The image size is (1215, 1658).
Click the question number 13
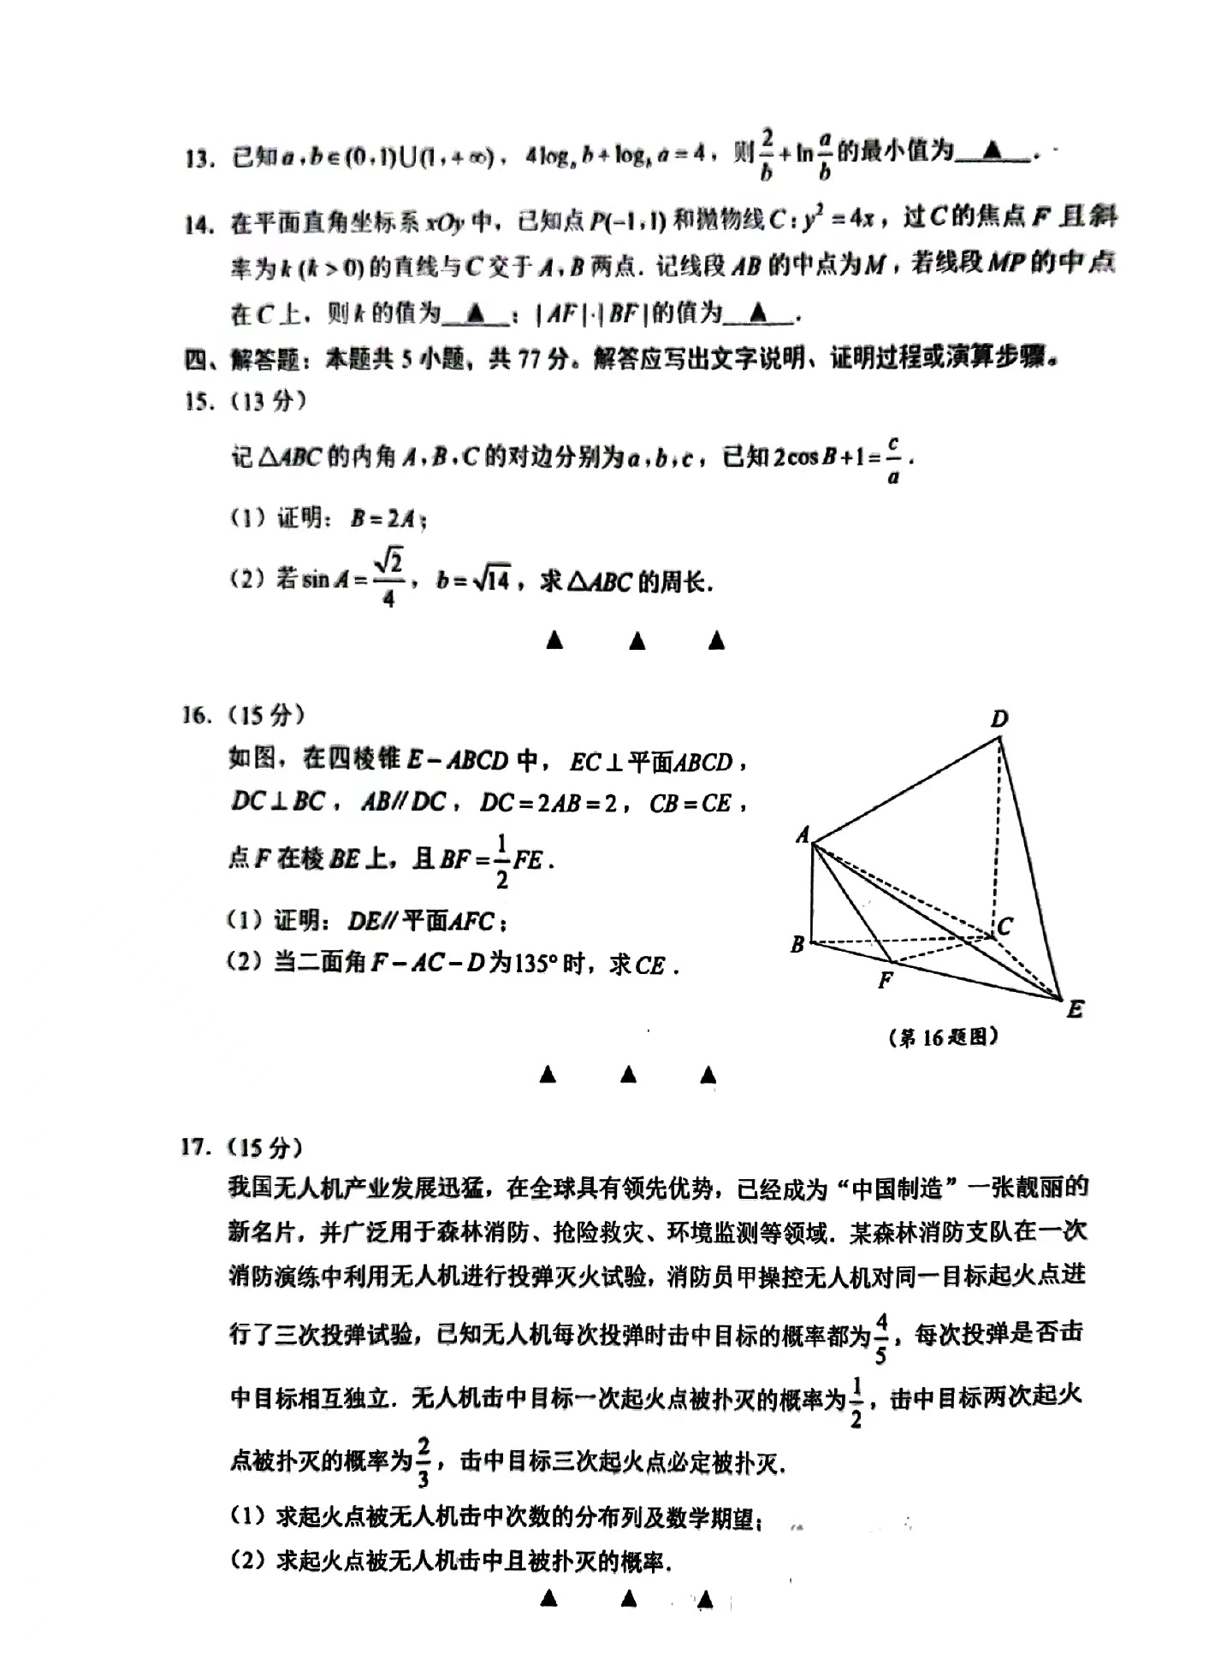click(199, 158)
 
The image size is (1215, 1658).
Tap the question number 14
click(199, 225)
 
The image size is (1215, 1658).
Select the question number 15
click(199, 401)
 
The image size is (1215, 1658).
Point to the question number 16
click(197, 715)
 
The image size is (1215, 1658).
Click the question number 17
click(197, 1147)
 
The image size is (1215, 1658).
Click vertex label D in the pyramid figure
click(999, 719)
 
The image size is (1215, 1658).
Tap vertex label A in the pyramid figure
click(803, 834)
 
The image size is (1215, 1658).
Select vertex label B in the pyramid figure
click(797, 945)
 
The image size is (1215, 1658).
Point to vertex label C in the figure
click(1005, 926)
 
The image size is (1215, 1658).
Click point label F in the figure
click(886, 980)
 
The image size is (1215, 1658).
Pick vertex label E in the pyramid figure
click(1075, 1009)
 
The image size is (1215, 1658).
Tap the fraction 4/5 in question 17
click(881, 1339)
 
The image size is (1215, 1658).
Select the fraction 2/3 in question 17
click(423, 1462)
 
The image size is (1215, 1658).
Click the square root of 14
click(492, 581)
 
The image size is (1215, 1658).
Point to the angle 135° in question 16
click(537, 964)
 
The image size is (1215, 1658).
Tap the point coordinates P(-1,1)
click(627, 221)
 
